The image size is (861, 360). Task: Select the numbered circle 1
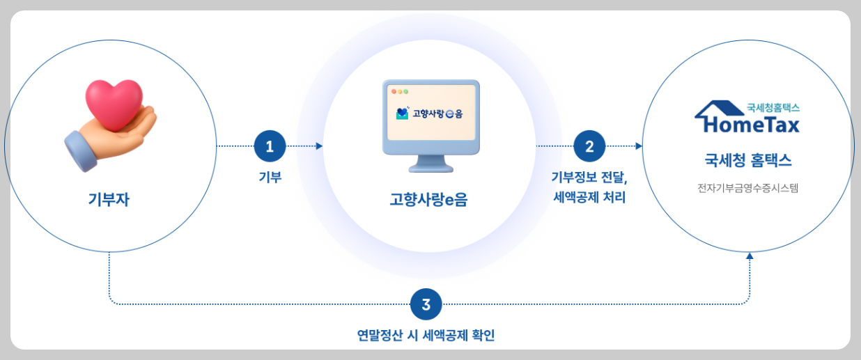(x=270, y=146)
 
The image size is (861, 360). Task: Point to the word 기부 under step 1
(x=270, y=178)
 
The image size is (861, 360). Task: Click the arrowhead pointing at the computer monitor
(x=319, y=146)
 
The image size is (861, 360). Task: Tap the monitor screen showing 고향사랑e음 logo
(x=431, y=112)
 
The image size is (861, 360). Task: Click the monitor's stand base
(x=431, y=167)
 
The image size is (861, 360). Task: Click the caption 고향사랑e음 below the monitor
(x=428, y=201)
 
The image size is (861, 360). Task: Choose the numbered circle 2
(x=589, y=146)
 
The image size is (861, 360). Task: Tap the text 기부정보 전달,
(x=589, y=178)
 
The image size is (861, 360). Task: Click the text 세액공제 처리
(x=589, y=198)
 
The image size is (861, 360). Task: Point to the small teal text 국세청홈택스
(x=773, y=107)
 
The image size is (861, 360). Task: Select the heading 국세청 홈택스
(x=748, y=161)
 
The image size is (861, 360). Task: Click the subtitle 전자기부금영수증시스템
(x=747, y=187)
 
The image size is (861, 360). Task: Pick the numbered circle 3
(x=426, y=304)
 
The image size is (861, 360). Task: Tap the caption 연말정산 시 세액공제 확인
(x=426, y=336)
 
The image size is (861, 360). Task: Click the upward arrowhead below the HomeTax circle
(x=750, y=256)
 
